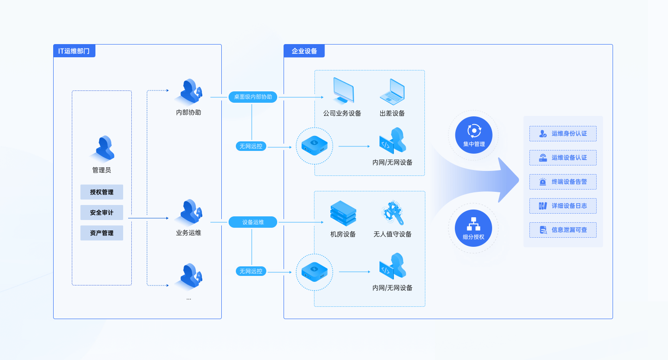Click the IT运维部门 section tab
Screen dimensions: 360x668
pyautogui.click(x=74, y=51)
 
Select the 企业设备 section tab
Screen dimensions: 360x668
pyautogui.click(x=304, y=51)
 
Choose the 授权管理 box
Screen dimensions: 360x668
pyautogui.click(x=102, y=192)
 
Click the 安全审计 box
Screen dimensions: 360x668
pyautogui.click(x=102, y=212)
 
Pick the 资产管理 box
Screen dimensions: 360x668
pyautogui.click(x=102, y=233)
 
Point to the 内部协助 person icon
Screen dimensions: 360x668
pyautogui.click(x=189, y=91)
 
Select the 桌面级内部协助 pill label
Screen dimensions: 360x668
pyautogui.click(x=253, y=97)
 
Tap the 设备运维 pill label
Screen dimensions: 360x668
pyautogui.click(x=253, y=222)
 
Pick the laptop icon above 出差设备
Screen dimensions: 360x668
pyautogui.click(x=392, y=91)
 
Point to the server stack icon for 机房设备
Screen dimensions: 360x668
pyautogui.click(x=343, y=214)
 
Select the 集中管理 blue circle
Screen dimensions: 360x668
pyautogui.click(x=474, y=135)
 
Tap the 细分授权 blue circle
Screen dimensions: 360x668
pyautogui.click(x=474, y=228)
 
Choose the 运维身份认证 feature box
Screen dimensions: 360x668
pyautogui.click(x=563, y=134)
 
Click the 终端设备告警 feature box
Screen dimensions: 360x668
pyautogui.click(x=563, y=182)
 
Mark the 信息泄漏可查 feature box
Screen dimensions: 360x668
pyautogui.click(x=563, y=230)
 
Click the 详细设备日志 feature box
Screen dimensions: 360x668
pyautogui.click(x=563, y=206)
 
